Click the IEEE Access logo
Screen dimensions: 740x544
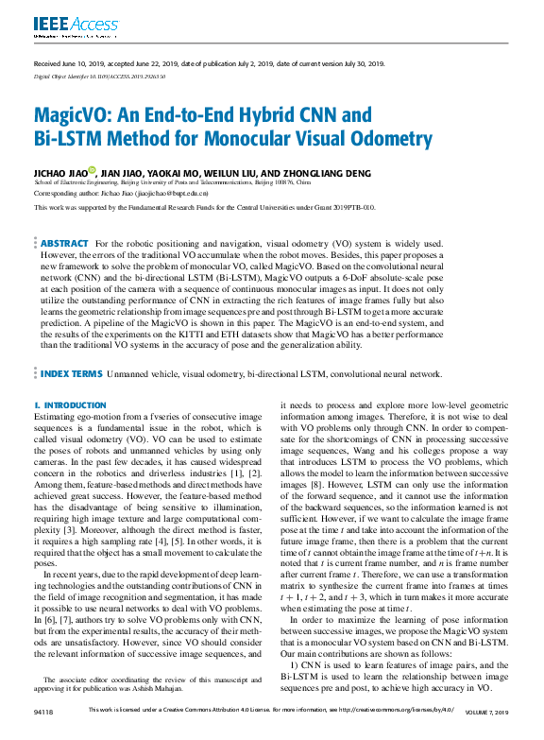tap(63, 26)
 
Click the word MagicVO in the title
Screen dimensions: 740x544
tap(77, 116)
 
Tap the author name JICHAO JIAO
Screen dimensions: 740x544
tap(59, 172)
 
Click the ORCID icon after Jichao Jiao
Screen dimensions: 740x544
tap(93, 171)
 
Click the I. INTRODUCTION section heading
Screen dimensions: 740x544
tap(70, 404)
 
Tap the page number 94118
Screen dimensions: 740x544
tap(43, 734)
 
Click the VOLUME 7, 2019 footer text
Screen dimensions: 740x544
tap(487, 734)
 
